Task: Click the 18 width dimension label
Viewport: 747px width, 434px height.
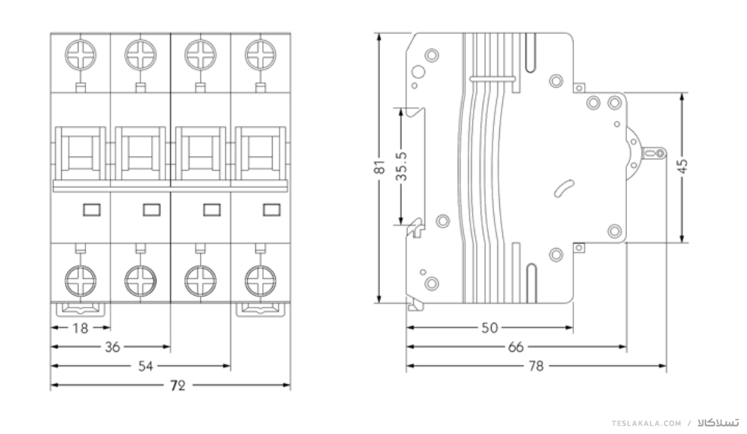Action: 81,328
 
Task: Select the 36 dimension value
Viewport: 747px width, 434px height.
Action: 113,347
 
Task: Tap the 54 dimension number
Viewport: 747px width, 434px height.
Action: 146,366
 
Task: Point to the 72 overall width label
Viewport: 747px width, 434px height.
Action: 177,386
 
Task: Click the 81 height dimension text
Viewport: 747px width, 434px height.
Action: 380,167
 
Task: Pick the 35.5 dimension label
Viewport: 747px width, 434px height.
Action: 402,166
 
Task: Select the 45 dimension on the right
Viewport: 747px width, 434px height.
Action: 683,166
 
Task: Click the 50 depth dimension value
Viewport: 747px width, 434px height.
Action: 489,328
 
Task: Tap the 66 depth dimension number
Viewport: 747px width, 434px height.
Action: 516,347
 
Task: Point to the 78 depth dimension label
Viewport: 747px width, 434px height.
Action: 536,366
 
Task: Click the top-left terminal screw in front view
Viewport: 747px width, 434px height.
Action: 81,55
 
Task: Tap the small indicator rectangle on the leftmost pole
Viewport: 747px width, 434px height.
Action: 91,210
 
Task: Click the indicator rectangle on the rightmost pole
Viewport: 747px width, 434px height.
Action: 272,210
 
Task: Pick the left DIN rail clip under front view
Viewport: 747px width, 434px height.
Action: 81,309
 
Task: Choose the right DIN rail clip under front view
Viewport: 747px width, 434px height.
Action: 261,309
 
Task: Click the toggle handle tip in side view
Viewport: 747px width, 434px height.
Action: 660,153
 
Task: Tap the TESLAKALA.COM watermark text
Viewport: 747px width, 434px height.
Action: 647,423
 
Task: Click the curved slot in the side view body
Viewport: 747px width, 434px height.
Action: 564,188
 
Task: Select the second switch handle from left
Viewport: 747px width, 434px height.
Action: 140,153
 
